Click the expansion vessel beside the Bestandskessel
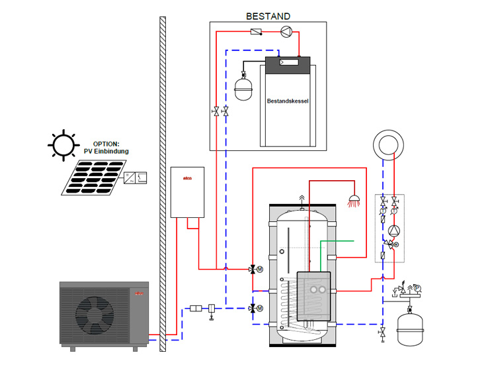click(243, 85)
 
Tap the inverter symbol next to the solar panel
click(135, 177)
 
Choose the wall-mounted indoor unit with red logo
click(190, 192)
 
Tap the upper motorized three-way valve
click(253, 270)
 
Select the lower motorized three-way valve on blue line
click(253, 309)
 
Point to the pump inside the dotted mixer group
click(394, 231)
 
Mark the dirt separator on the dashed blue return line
click(212, 309)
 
